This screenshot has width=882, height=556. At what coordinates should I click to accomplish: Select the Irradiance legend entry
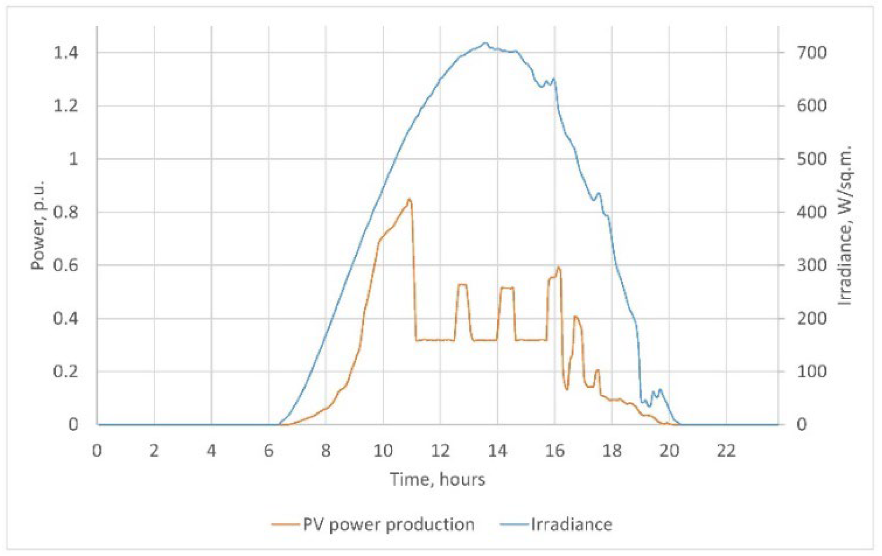pos(556,524)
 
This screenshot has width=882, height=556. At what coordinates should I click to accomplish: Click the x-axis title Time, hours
pos(437,480)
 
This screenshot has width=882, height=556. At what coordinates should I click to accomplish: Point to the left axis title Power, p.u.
pos(38,224)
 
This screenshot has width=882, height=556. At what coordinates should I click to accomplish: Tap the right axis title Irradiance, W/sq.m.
pos(845,224)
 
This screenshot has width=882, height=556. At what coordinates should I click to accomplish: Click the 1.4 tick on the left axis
pos(66,53)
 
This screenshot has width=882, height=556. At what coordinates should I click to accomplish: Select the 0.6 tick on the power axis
pos(66,265)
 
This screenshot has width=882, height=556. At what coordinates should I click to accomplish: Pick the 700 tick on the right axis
pos(812,53)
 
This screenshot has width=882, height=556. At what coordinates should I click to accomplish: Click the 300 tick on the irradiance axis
pos(812,265)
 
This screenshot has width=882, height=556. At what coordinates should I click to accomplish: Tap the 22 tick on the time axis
pos(726,451)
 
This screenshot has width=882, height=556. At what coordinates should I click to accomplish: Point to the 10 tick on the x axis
pos(383,451)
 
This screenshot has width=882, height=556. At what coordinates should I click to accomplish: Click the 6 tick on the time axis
pos(268,451)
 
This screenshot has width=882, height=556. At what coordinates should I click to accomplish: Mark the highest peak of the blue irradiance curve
pos(485,43)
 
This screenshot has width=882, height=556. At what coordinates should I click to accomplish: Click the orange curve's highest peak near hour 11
pos(409,199)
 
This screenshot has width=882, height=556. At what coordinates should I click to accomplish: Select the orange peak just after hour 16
pos(558,267)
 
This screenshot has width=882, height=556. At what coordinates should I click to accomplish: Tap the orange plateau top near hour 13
pos(462,284)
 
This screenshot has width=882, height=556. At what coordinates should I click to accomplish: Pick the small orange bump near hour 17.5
pos(597,370)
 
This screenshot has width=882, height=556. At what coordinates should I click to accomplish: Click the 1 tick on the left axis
pos(73,159)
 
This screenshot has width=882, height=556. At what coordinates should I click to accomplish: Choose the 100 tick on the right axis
pos(812,372)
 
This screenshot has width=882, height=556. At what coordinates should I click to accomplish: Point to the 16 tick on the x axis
pos(554,451)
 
